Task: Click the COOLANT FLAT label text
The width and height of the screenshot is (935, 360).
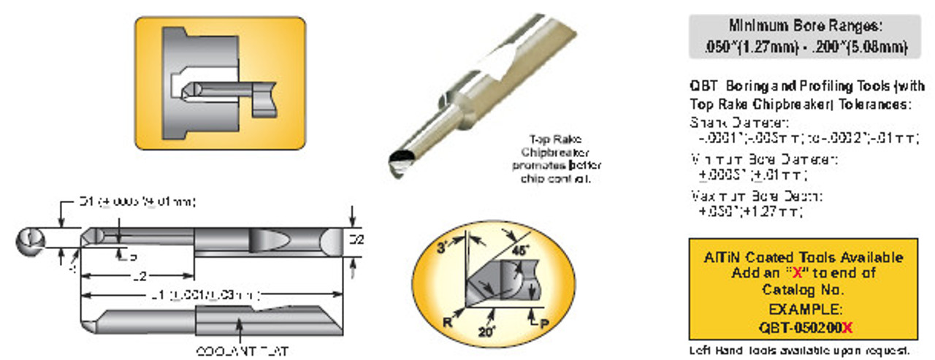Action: pyautogui.click(x=242, y=351)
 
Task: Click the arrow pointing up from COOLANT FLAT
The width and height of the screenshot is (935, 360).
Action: pyautogui.click(x=242, y=333)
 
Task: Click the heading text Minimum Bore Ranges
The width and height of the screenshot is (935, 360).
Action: pyautogui.click(x=804, y=26)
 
